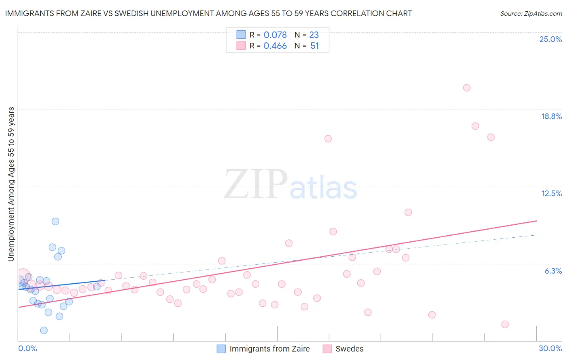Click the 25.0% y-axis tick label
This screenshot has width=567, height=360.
pyautogui.click(x=550, y=39)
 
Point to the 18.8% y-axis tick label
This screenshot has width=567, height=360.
pyautogui.click(x=551, y=116)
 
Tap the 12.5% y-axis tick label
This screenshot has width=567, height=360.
pyautogui.click(x=551, y=193)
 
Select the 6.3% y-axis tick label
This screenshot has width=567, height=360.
pyautogui.click(x=553, y=271)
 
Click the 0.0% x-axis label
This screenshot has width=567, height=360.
pyautogui.click(x=27, y=348)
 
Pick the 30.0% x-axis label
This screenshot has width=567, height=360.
pyautogui.click(x=550, y=348)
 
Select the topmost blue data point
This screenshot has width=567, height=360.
pyautogui.click(x=56, y=222)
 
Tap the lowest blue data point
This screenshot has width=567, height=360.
pyautogui.click(x=44, y=331)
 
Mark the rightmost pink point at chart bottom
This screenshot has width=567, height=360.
pyautogui.click(x=505, y=324)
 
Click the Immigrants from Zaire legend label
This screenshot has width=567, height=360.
pyautogui.click(x=269, y=349)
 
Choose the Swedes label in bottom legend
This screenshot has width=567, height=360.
pyautogui.click(x=349, y=349)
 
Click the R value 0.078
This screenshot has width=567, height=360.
pyautogui.click(x=275, y=35)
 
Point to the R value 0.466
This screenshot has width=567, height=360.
pyautogui.click(x=275, y=46)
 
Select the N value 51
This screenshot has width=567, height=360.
pyautogui.click(x=315, y=46)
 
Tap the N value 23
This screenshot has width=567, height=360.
pyautogui.click(x=314, y=35)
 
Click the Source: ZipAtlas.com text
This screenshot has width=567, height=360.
pyautogui.click(x=531, y=13)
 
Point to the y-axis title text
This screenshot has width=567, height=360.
pyautogui.click(x=11, y=184)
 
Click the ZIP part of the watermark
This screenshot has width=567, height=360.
pyautogui.click(x=256, y=185)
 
